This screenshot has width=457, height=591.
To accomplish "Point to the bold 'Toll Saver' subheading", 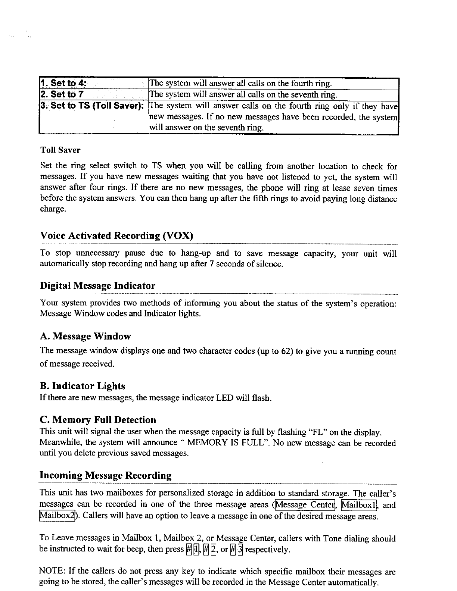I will (60, 150).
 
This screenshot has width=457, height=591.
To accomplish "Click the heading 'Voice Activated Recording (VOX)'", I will (116, 236).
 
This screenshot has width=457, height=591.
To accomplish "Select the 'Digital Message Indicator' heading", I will (97, 286).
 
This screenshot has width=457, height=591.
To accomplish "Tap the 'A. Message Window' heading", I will (85, 337).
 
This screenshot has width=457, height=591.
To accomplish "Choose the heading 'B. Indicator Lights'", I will (82, 386).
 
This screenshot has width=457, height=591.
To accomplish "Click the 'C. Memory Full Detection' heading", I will (97, 420).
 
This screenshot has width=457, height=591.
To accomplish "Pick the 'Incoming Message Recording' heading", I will (106, 476).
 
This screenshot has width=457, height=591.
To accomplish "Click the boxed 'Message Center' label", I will (305, 505).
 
